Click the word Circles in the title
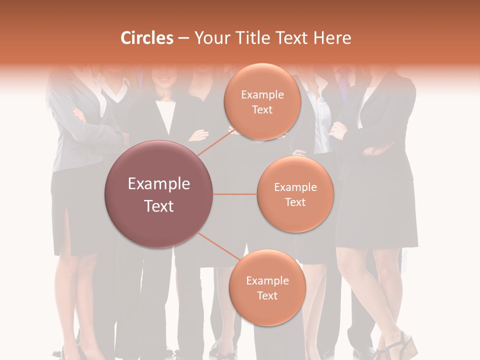pos(146,38)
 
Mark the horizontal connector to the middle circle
pos(234,194)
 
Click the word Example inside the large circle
pos(159,184)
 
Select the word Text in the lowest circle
pos(267,295)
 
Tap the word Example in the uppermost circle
pos(262,95)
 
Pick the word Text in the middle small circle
pos(295,202)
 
